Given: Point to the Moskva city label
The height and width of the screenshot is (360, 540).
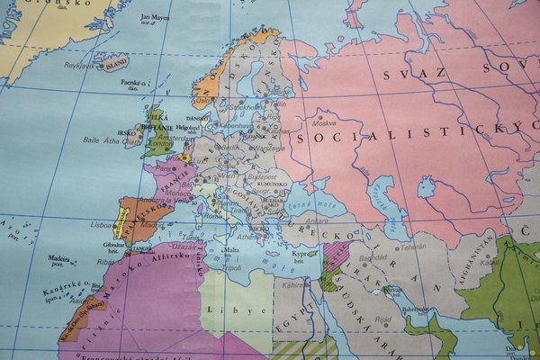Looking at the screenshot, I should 323,122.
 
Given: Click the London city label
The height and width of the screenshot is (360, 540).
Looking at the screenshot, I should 162,143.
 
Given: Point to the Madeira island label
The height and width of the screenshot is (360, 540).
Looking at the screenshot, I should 58,258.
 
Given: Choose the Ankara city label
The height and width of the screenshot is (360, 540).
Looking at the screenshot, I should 319,220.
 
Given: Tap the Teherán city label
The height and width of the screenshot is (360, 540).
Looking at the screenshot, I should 413,246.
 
